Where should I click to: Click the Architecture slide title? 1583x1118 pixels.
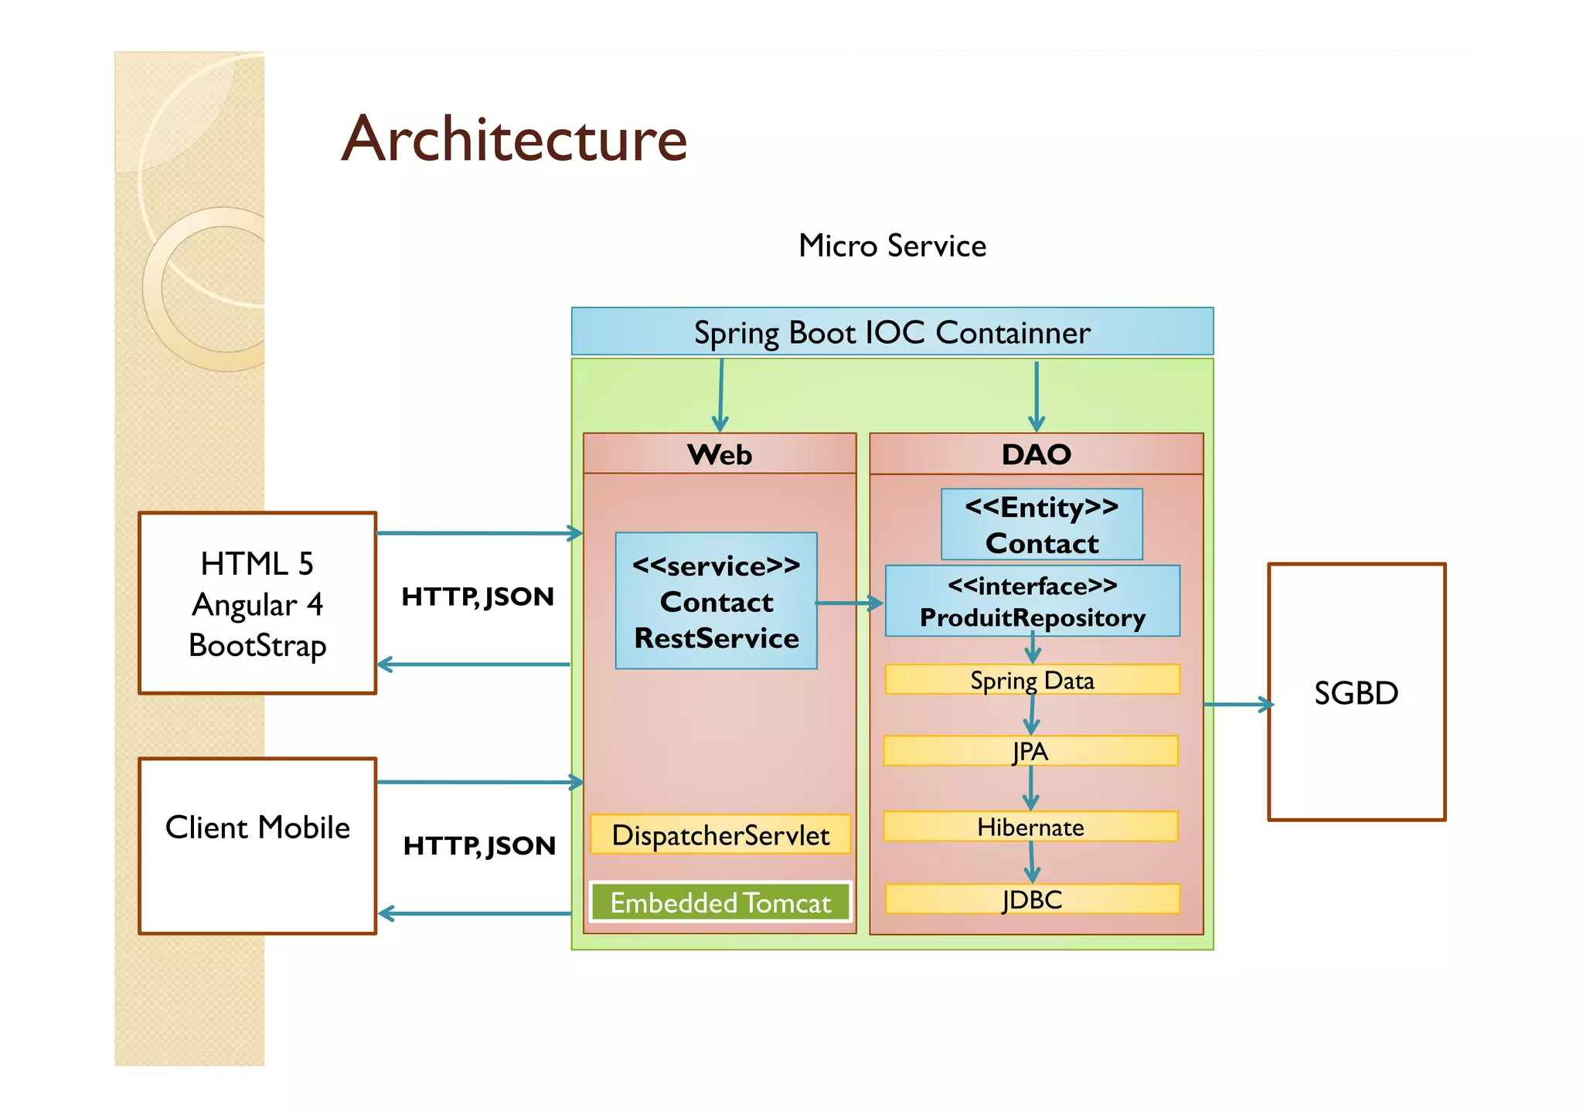[x=514, y=139]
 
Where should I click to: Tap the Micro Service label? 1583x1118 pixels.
[x=892, y=246]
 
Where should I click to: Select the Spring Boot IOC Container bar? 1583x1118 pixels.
[x=892, y=332]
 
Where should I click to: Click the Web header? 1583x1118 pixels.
[x=720, y=454]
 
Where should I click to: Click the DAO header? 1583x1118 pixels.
[x=1036, y=454]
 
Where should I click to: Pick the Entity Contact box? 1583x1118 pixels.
[x=1041, y=525]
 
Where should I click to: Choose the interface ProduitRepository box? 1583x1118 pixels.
[x=1032, y=601]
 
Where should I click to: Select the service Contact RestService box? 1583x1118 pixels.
[x=716, y=601]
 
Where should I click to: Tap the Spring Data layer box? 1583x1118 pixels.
[x=1032, y=680]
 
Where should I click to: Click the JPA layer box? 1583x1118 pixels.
[x=1030, y=751]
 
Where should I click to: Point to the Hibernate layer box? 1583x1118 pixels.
[x=1030, y=827]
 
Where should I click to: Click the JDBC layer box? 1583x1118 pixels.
[x=1032, y=899]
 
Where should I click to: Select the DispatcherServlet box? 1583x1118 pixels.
[x=720, y=834]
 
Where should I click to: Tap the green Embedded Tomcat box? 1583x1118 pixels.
[x=720, y=902]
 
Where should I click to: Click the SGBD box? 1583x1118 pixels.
[x=1356, y=692]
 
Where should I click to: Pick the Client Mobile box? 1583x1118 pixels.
[x=257, y=845]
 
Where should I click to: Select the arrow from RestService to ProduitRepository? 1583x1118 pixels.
[x=849, y=603]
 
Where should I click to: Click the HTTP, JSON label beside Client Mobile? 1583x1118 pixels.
[x=479, y=845]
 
